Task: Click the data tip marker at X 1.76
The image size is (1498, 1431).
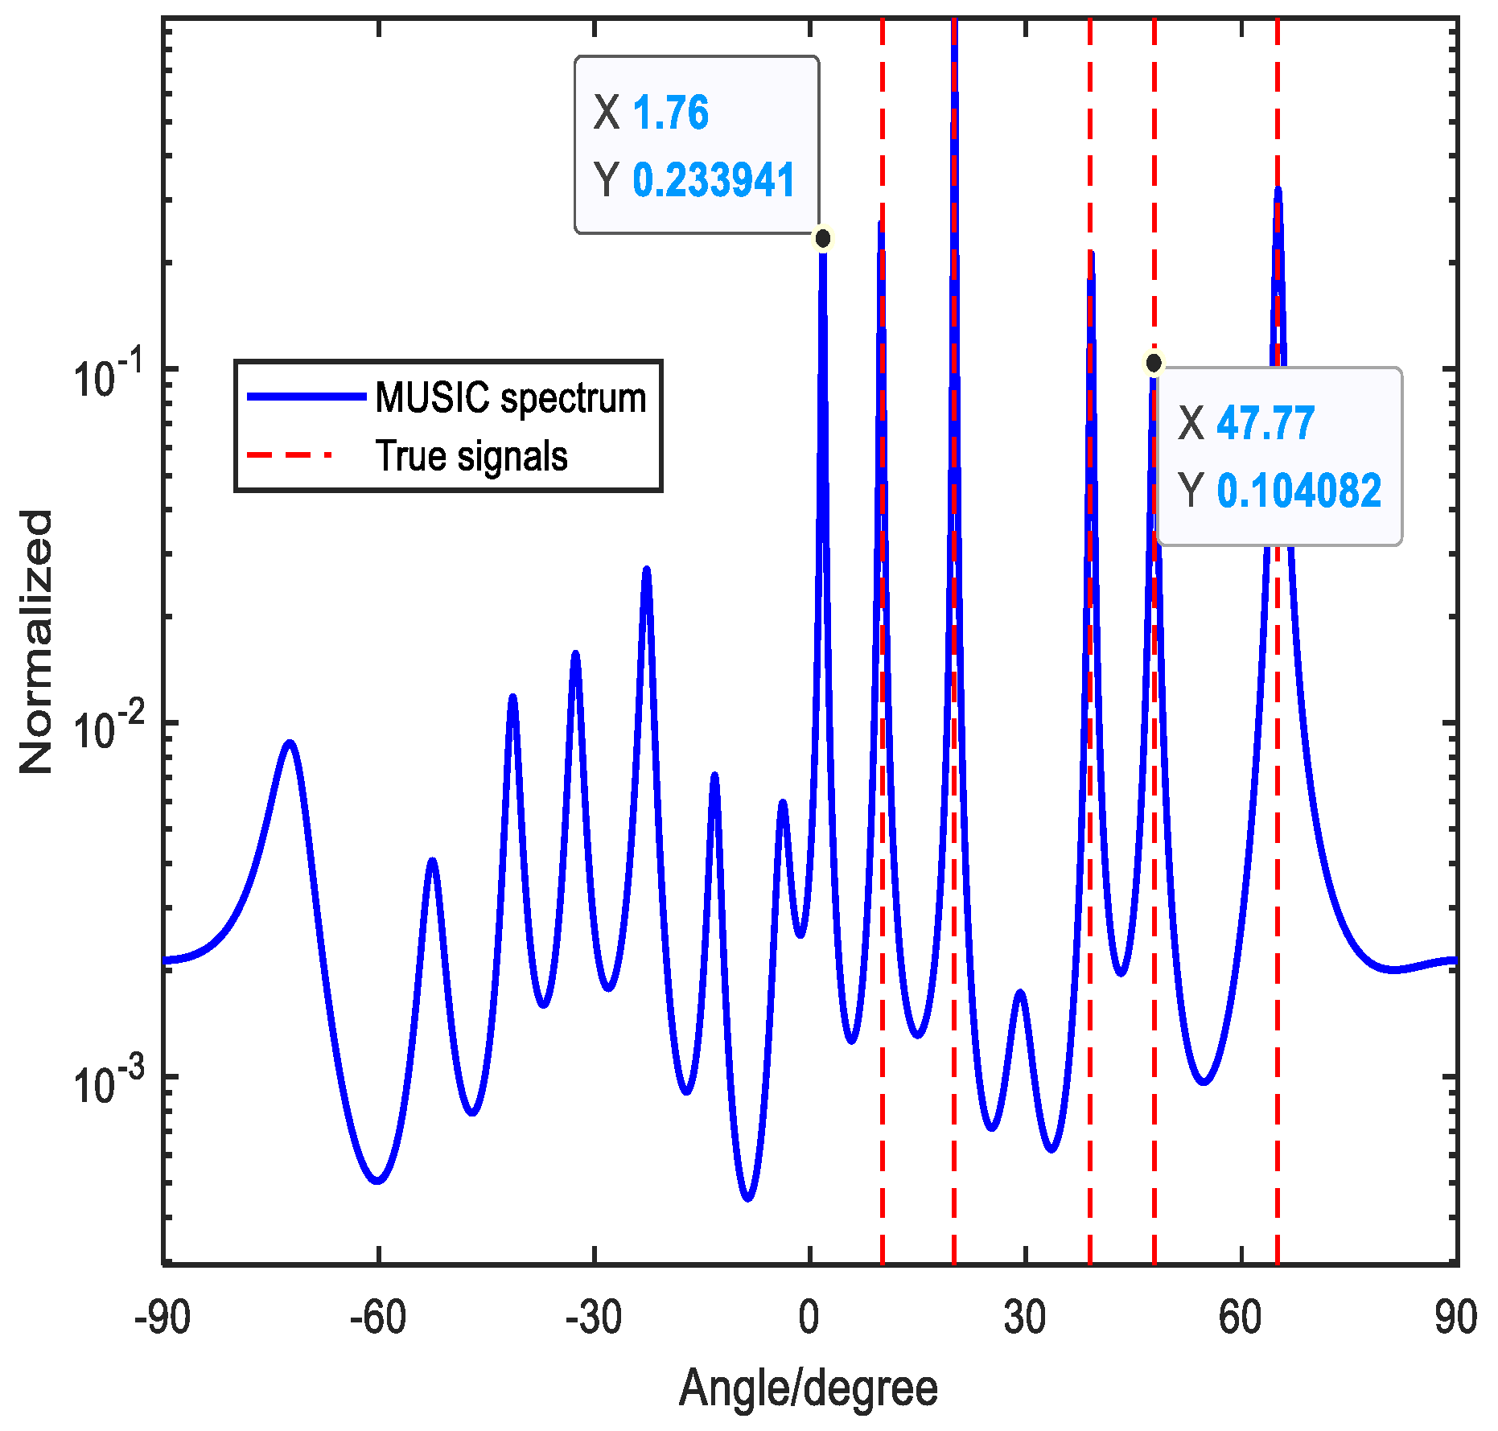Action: tap(822, 239)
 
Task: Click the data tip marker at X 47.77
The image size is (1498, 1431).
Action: tap(1154, 364)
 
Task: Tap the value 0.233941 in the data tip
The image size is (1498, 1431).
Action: tap(714, 179)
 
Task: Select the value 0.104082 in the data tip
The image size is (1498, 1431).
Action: tap(1298, 491)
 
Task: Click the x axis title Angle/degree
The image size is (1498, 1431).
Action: tap(809, 1388)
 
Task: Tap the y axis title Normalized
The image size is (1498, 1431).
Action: tap(35, 642)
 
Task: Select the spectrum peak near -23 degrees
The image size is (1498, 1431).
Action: tap(646, 570)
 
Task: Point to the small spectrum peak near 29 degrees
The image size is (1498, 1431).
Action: tap(1020, 993)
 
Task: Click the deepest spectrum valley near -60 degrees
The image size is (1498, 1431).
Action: tap(377, 1181)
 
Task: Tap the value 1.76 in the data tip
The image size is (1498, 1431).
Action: tap(670, 113)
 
